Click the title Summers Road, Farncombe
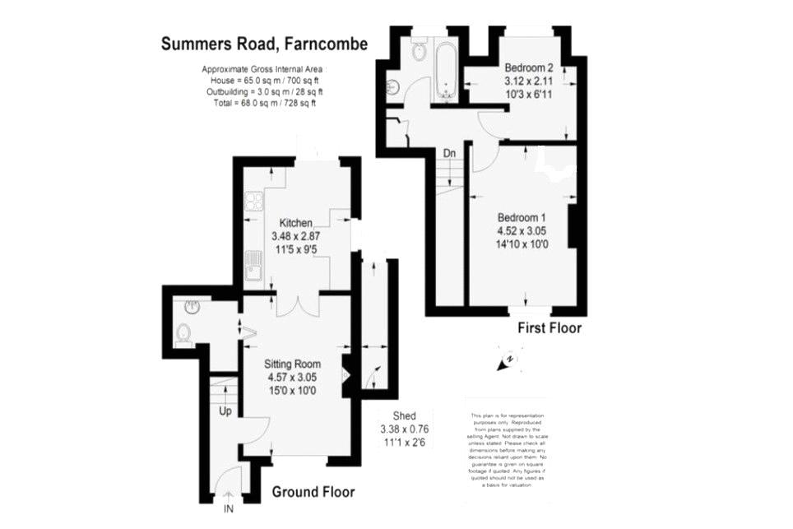[x=264, y=44]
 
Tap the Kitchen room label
[x=295, y=223]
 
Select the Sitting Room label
[x=292, y=364]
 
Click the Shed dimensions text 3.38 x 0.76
[x=404, y=429]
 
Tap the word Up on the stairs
[x=225, y=410]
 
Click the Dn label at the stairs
[x=449, y=153]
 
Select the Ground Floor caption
[x=313, y=492]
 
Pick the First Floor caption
[x=549, y=328]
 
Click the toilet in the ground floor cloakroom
[x=183, y=333]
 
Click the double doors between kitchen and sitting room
[x=295, y=304]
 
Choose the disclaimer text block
[x=508, y=450]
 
